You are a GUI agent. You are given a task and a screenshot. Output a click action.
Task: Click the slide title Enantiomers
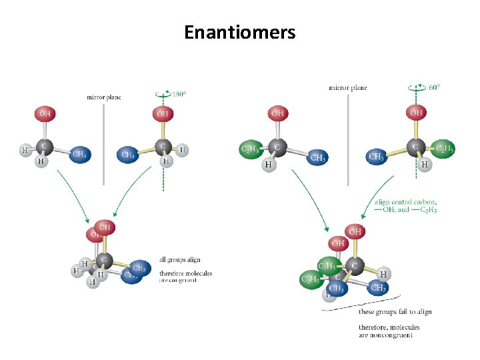[240, 32]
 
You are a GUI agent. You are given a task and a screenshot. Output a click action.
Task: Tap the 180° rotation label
[179, 95]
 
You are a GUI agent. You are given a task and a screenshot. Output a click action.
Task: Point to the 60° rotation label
[433, 87]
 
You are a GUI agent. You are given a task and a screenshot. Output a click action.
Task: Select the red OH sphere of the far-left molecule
[45, 113]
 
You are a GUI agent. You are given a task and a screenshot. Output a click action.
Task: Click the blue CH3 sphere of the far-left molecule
[79, 154]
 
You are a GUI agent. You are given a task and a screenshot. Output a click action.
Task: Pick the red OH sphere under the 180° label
[162, 114]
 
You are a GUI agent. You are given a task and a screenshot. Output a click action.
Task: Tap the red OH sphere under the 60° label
[417, 113]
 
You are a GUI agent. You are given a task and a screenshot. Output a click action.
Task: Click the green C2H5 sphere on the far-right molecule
[444, 149]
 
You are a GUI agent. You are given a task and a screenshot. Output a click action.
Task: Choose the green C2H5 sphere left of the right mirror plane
[251, 149]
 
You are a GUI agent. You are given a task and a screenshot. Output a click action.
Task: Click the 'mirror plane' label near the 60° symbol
[347, 87]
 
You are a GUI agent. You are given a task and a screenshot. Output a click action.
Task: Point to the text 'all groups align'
[180, 259]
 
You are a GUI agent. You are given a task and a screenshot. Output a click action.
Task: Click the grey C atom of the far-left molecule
[44, 145]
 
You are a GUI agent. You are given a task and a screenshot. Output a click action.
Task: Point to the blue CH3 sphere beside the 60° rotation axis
[376, 157]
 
